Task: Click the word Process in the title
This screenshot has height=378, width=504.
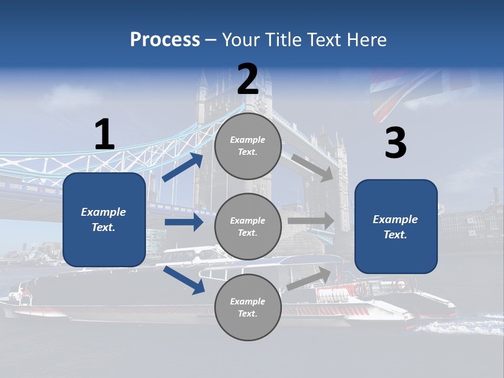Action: click(165, 39)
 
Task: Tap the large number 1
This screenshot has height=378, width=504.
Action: click(104, 135)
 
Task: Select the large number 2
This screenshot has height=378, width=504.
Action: click(248, 79)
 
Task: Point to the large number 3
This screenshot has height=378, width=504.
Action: click(395, 143)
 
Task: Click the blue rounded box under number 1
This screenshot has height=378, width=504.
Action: click(104, 219)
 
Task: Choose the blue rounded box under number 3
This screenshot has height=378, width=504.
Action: click(396, 227)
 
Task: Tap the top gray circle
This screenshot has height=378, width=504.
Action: click(248, 146)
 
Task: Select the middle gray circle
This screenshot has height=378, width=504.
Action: click(248, 226)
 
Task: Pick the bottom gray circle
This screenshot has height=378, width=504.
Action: click(248, 307)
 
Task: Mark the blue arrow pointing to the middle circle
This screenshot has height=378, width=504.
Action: click(184, 222)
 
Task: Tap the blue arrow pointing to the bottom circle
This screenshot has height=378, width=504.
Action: click(184, 279)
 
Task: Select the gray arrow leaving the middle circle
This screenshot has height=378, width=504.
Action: click(311, 220)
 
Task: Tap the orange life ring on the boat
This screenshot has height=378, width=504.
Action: click(401, 285)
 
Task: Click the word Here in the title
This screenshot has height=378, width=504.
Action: click(367, 39)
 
